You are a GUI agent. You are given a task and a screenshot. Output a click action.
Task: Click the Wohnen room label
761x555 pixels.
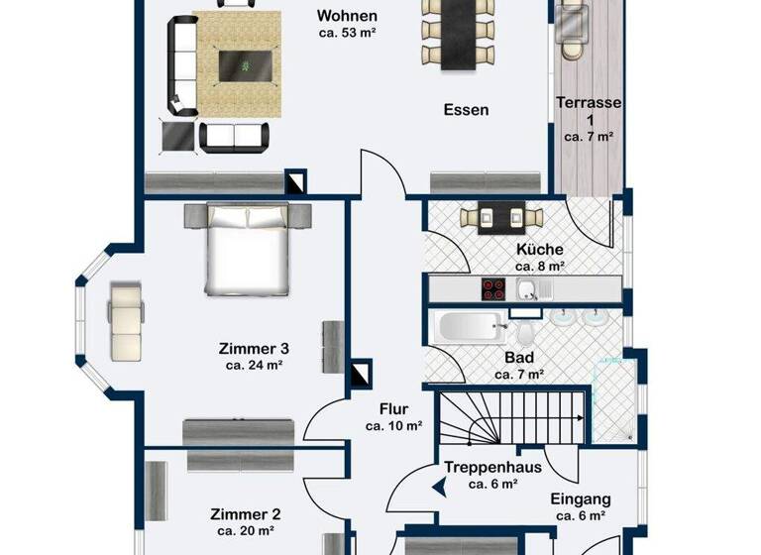pos(346,16)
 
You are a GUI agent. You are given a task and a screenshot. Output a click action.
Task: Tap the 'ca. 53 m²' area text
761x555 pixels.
pos(346,33)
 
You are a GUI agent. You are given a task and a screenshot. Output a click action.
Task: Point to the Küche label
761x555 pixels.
pos(539,250)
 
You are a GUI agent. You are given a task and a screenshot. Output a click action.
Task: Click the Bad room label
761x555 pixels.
pos(519,358)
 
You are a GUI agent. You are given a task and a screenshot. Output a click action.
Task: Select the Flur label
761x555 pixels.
pos(393,408)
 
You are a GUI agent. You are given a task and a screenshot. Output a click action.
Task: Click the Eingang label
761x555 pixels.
pos(582,499)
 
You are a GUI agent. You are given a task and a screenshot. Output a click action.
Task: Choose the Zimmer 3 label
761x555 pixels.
pos(253,348)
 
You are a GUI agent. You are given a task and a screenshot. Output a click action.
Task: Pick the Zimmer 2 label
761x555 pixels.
pos(245,514)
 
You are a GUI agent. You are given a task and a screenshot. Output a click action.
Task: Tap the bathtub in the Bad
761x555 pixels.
pos(470,327)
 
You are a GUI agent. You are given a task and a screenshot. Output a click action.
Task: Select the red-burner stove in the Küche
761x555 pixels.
pos(494,289)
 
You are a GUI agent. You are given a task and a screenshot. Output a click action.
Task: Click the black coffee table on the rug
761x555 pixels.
pos(243,65)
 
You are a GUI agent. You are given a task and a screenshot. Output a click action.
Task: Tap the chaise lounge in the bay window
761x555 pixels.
pos(126,319)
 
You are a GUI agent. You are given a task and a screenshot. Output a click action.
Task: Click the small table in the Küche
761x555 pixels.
pos(501,217)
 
